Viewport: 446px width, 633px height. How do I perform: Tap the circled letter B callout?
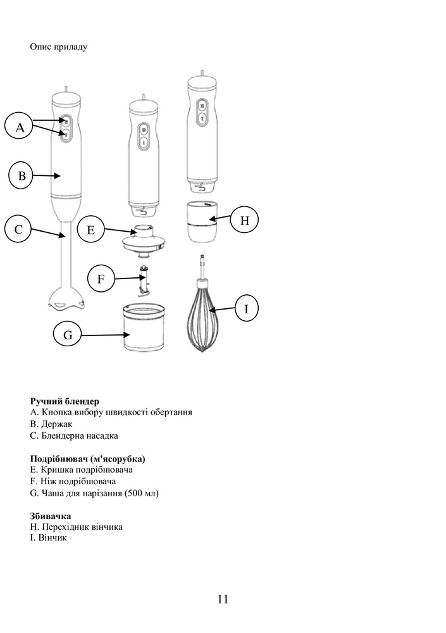tap(21, 175)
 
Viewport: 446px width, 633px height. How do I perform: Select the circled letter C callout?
tap(18, 229)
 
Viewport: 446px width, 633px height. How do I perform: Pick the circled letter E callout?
tap(90, 230)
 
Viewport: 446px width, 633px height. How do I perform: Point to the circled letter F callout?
tap(101, 278)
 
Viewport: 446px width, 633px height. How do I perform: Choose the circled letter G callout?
tap(68, 335)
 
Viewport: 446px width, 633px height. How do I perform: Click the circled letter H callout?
tap(244, 220)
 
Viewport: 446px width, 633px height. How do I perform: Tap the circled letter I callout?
tap(246, 308)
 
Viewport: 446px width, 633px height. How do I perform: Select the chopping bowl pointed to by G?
tap(144, 327)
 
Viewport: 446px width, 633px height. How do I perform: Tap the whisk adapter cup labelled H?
tap(203, 222)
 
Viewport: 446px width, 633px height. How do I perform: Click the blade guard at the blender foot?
tap(66, 299)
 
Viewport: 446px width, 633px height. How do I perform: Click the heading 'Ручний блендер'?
tap(65, 401)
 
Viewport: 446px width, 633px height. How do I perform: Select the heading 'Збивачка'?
tap(51, 516)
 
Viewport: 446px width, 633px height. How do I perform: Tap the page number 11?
tap(223, 599)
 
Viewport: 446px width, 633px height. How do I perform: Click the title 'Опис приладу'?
tap(59, 47)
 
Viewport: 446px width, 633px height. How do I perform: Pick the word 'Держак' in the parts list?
tap(57, 424)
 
